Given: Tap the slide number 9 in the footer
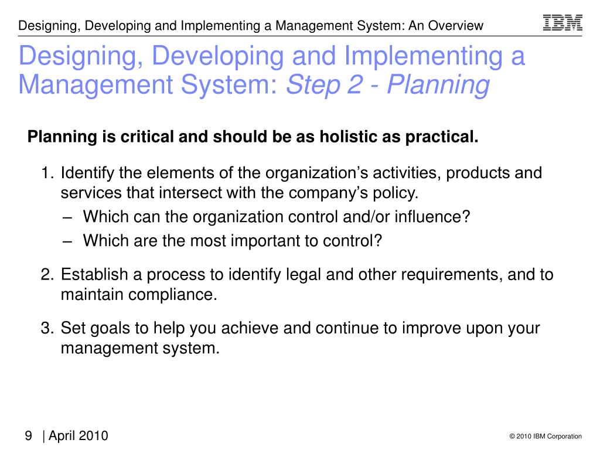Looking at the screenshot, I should pos(28,436).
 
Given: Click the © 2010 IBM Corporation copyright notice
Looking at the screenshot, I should pos(546,436).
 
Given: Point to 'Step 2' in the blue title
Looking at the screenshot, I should pos(320,85).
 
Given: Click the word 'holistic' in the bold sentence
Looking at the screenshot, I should pos(345,137).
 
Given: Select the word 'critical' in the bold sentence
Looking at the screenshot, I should pos(148,137).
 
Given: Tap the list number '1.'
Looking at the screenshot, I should pos(47,173).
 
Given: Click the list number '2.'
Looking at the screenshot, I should pos(47,275).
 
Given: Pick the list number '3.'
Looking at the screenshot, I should pos(47,328).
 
